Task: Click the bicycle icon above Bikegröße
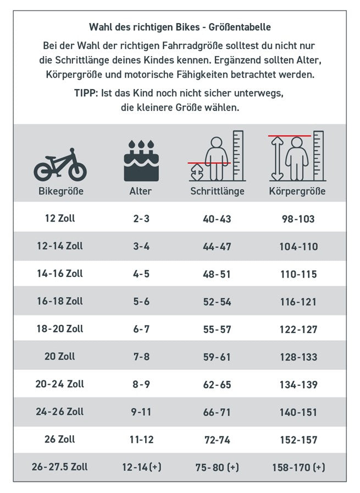pyautogui.click(x=59, y=163)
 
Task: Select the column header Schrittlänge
pyautogui.click(x=217, y=192)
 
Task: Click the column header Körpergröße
pyautogui.click(x=297, y=192)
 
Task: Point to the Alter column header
pyautogui.click(x=140, y=192)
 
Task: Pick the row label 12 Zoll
pyautogui.click(x=60, y=219)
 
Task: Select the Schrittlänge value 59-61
pyautogui.click(x=217, y=357)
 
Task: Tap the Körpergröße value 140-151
pyautogui.click(x=298, y=412)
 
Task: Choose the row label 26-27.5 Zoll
pyautogui.click(x=60, y=467)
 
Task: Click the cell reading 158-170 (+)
pyautogui.click(x=298, y=468)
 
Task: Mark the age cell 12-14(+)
pyautogui.click(x=141, y=468)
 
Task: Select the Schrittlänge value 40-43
pyautogui.click(x=217, y=219)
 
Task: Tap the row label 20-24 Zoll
pyautogui.click(x=60, y=384)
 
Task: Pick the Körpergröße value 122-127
pyautogui.click(x=298, y=329)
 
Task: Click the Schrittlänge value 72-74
pyautogui.click(x=217, y=440)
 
